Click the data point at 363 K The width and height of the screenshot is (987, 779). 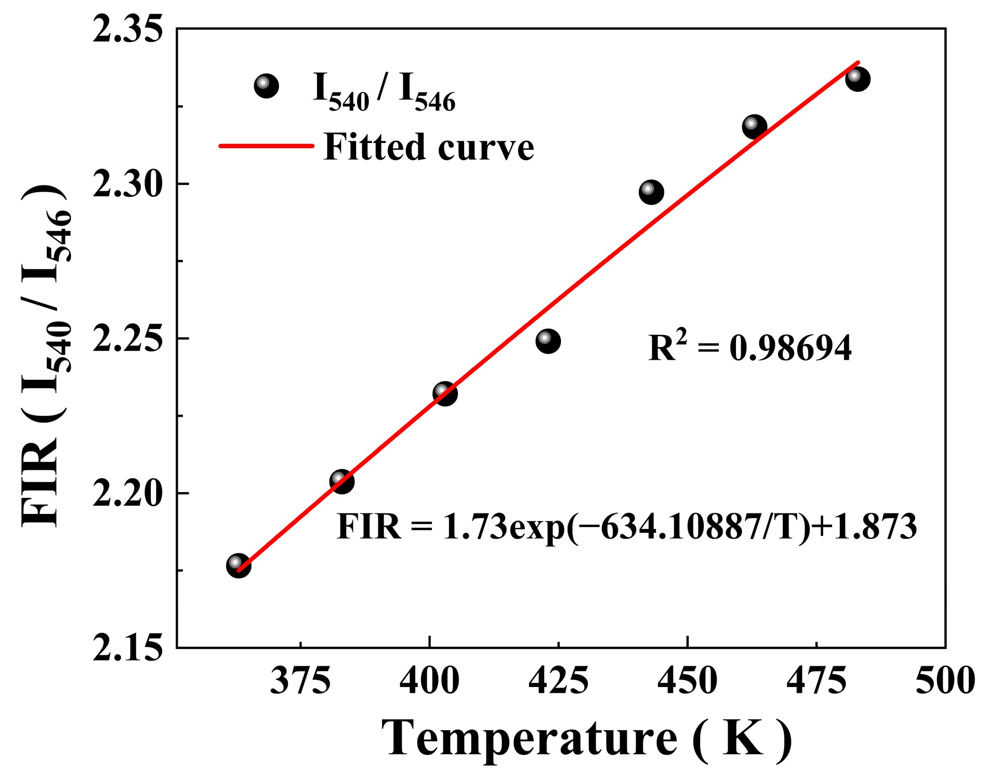(239, 565)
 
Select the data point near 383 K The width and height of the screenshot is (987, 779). (341, 481)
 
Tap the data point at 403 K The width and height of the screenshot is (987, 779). (445, 393)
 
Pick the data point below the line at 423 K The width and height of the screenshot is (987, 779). (548, 341)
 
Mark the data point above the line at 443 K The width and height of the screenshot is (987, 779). (651, 192)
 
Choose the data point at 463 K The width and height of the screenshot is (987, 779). (754, 126)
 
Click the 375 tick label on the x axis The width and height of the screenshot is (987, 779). (300, 681)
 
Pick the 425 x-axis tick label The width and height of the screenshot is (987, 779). (558, 681)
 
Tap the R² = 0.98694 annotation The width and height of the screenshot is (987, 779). (749, 347)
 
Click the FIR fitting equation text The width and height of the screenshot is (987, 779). (626, 526)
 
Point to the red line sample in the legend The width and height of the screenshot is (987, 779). (266, 146)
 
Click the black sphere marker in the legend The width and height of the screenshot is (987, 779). (266, 86)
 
